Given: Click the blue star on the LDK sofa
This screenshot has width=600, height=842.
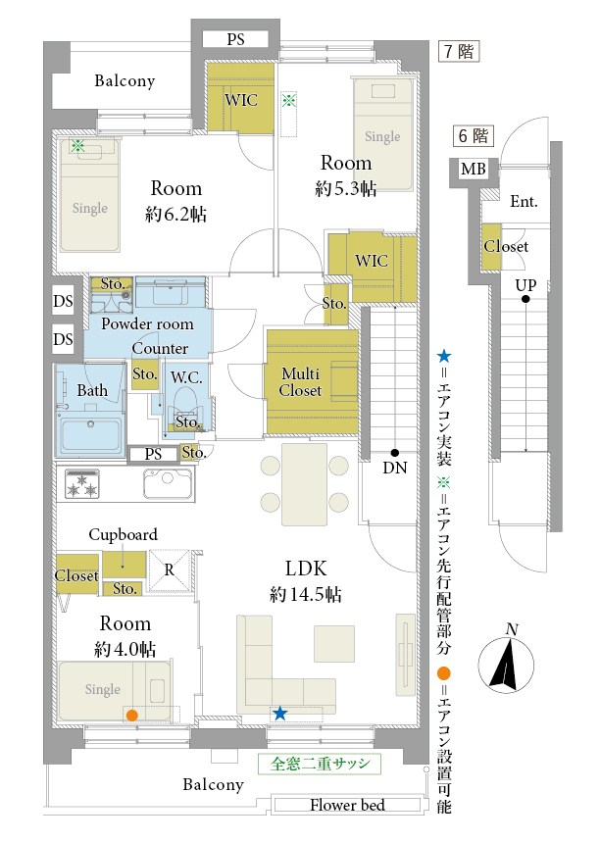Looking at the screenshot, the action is point(279,714).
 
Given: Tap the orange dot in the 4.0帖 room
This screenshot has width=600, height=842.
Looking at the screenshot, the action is point(131,716).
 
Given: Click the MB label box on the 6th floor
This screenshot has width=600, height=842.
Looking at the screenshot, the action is point(474,170).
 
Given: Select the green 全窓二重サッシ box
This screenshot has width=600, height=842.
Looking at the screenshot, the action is point(319,764).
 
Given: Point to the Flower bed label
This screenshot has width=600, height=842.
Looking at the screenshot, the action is point(347,805).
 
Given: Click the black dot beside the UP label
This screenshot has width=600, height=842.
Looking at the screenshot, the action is point(525,299).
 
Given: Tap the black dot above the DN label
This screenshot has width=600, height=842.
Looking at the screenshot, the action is point(395,453).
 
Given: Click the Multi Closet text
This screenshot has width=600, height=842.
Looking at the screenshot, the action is point(300,382).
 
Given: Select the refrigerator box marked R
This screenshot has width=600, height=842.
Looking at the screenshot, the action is point(169,570).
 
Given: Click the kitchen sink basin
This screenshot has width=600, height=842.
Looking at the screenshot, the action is point(168,483).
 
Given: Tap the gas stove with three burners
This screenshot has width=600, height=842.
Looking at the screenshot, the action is point(82,483).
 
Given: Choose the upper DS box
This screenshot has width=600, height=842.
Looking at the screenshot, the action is point(63,301).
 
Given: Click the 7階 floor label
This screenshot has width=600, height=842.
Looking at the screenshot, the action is point(459,52).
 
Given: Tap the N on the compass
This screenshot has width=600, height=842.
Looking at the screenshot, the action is point(512,629).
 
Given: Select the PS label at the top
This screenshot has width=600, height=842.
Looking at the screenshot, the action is point(235,39).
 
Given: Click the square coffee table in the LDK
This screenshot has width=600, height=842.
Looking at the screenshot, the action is point(334,643).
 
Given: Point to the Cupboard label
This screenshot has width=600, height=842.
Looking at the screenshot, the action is point(123,535).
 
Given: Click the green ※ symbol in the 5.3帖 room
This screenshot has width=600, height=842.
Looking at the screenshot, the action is point(289,100).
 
